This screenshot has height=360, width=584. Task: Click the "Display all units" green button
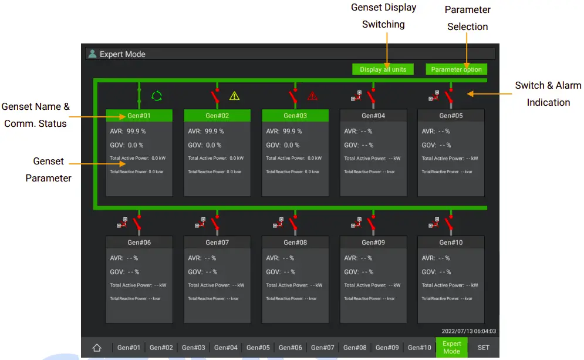tap(383, 69)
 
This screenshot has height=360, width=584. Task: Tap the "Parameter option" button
tap(456, 69)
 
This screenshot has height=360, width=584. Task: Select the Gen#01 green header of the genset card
tap(139, 116)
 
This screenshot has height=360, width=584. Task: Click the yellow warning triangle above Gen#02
tap(234, 95)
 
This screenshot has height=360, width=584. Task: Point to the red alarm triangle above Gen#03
tap(312, 95)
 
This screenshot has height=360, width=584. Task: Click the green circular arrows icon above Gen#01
tap(156, 95)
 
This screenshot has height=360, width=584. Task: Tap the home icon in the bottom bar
tap(97, 348)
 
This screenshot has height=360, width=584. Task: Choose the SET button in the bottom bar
tap(483, 348)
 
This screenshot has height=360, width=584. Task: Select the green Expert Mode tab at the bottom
tap(451, 347)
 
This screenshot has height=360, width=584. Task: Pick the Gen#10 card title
tap(451, 242)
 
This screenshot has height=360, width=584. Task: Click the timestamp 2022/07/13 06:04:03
tap(468, 331)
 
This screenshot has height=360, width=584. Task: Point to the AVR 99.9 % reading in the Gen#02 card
tap(206, 132)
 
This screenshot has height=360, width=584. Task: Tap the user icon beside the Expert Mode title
tap(92, 54)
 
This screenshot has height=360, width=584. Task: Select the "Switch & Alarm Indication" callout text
tap(548, 94)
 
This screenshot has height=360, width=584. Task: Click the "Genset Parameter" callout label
tap(48, 170)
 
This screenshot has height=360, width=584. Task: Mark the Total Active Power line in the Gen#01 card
tap(138, 158)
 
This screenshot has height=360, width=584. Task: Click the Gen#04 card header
tap(373, 116)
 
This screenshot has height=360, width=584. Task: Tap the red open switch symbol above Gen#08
tap(292, 224)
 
